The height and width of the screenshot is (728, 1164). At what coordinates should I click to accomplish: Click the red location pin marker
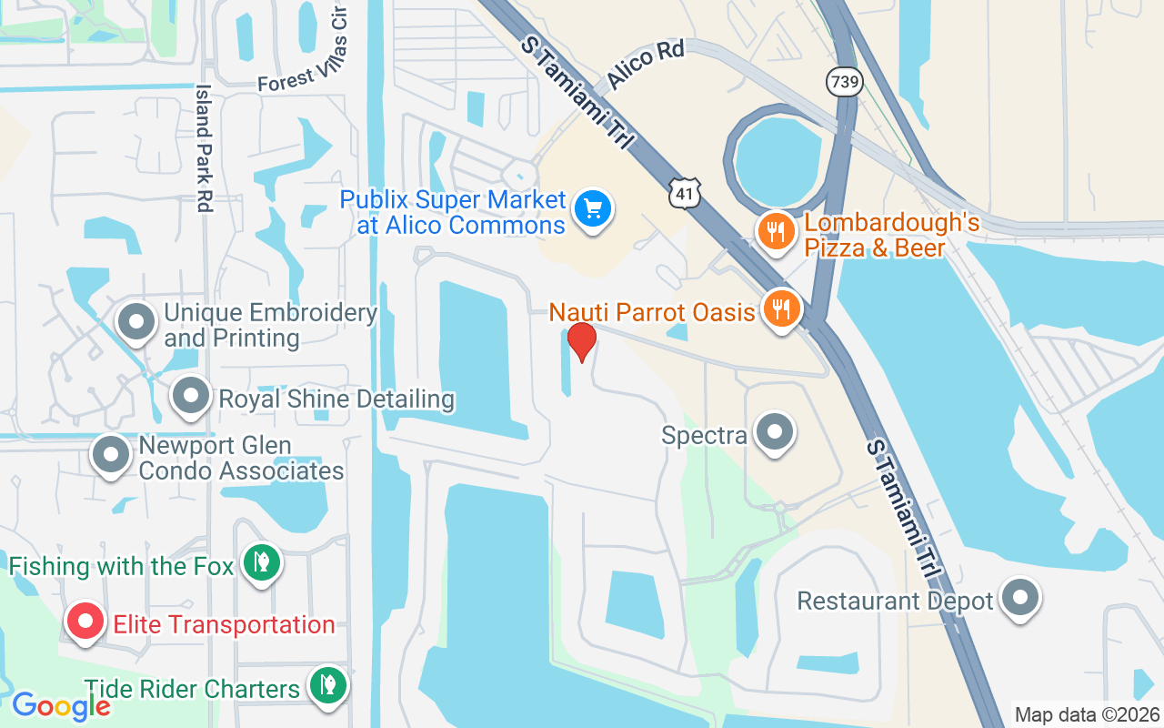point(581,341)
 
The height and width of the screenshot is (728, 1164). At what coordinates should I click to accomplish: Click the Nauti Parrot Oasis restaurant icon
point(780,309)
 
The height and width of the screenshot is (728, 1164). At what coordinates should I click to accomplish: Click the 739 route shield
point(843,82)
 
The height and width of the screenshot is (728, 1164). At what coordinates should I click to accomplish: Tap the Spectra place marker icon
point(775,433)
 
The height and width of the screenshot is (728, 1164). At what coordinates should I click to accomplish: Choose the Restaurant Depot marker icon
point(1019,598)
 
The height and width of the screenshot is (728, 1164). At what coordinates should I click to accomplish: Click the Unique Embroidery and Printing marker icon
point(137,322)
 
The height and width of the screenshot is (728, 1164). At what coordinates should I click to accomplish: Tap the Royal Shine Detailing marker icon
point(191,397)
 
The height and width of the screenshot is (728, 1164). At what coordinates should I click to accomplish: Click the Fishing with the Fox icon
point(261,562)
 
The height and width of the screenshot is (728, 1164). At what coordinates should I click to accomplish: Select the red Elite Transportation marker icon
point(85,622)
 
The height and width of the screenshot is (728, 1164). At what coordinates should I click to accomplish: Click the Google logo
point(62,705)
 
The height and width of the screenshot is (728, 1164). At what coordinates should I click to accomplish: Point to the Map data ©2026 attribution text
point(1087,715)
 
